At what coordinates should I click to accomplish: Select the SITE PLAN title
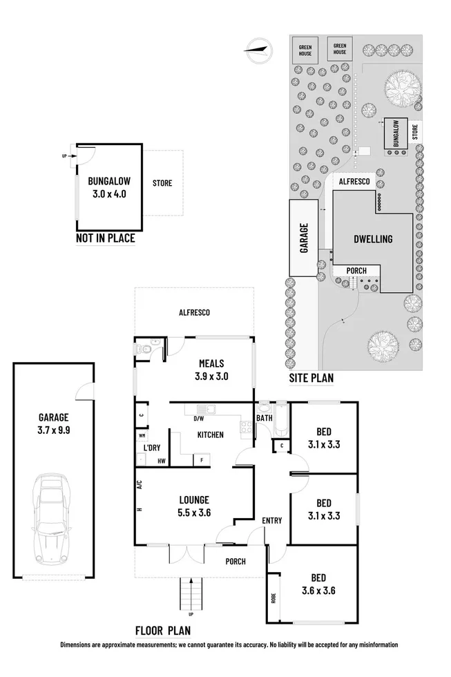[x=311, y=378]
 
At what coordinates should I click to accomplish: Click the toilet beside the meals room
[x=144, y=351]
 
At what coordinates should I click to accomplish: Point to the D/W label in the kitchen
[x=199, y=419]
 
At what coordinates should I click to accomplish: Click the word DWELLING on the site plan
[x=372, y=239]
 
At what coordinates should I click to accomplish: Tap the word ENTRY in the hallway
[x=271, y=520]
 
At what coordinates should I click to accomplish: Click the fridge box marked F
[x=202, y=459]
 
